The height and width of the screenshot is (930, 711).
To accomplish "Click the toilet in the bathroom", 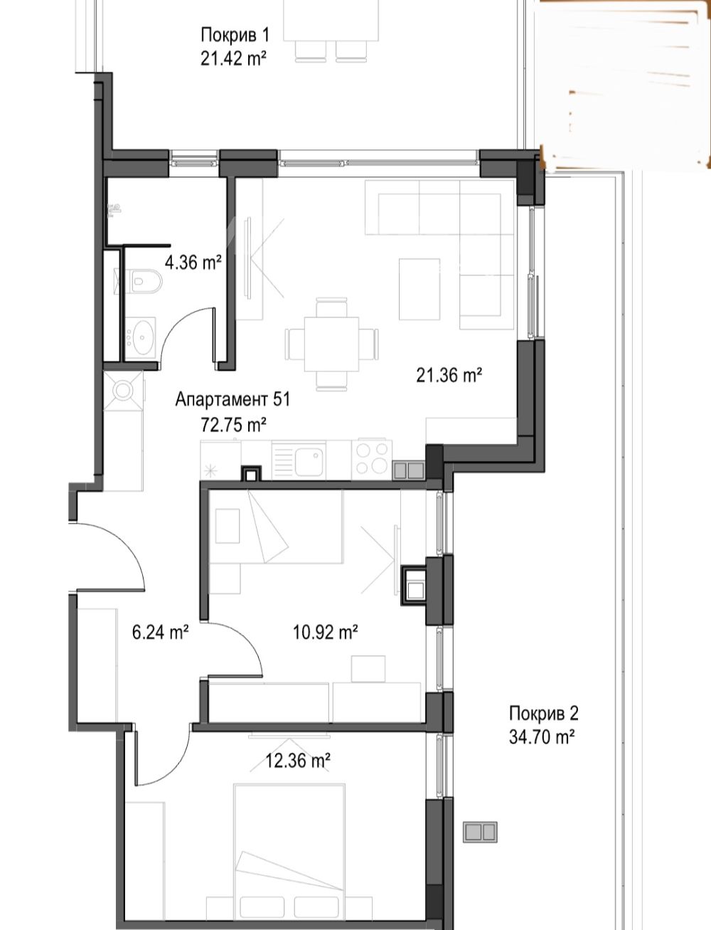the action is point(146,280).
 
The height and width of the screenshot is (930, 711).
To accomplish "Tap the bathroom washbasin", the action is point(141,338).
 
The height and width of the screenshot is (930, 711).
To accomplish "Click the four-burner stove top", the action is point(372,458).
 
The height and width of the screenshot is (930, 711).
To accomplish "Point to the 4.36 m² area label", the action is point(193,263).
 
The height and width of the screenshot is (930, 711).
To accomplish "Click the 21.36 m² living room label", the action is point(449,375).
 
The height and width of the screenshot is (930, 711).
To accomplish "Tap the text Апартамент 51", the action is point(232,399).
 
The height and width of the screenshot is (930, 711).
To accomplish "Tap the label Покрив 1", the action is point(235,35).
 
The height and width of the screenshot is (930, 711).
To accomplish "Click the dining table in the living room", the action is point(331,344).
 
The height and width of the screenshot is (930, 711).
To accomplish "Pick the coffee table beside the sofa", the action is point(419,289).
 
